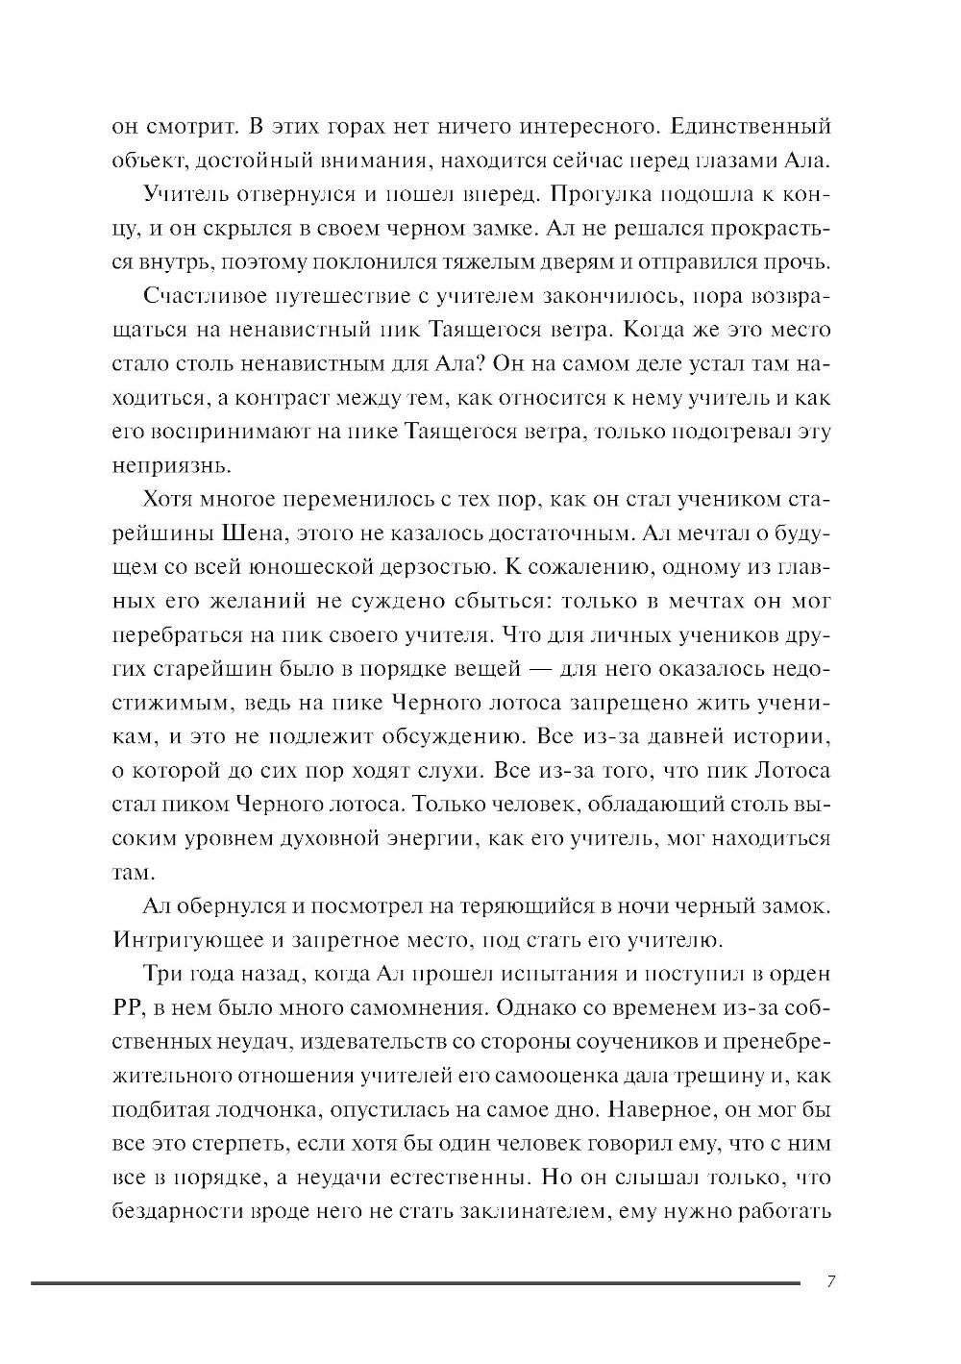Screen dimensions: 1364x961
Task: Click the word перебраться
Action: pos(175,636)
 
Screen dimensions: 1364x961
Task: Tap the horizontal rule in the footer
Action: pos(413,1282)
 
